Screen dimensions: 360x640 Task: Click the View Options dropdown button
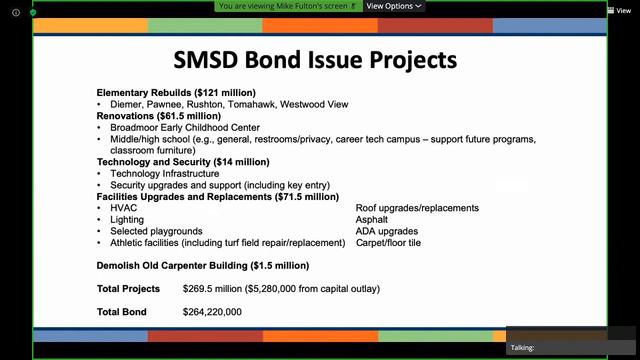393,6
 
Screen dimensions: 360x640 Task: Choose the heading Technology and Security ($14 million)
183,161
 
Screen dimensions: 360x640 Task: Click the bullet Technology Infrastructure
165,173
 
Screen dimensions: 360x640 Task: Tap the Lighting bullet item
127,219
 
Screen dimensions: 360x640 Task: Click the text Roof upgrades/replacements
417,208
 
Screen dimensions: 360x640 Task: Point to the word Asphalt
373,219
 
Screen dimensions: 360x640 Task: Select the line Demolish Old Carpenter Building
203,266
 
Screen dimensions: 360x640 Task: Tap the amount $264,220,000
212,312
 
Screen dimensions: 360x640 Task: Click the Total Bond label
122,312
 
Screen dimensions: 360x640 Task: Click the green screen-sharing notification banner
289,6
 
